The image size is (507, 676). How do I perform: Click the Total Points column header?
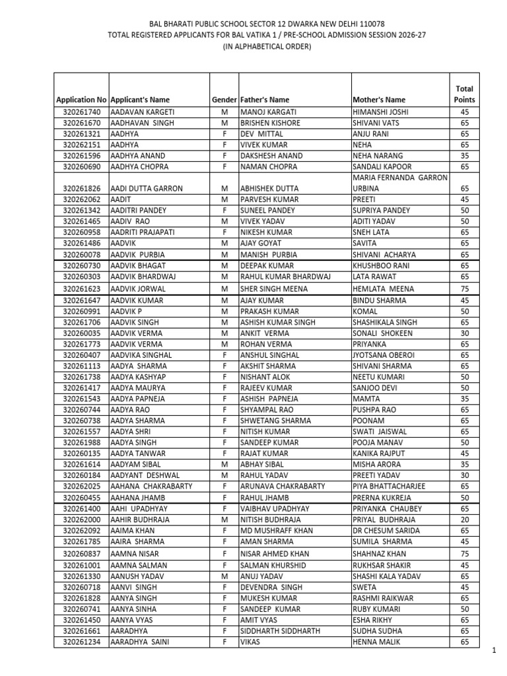[x=464, y=94]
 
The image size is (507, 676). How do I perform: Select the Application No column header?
[x=81, y=100]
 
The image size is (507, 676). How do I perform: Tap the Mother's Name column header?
[x=379, y=100]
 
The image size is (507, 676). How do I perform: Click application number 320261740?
[x=82, y=112]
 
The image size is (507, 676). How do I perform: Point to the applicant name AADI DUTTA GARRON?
[x=147, y=188]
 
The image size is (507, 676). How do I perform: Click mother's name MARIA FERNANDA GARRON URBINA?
[x=400, y=183]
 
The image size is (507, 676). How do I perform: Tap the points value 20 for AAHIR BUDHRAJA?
[x=465, y=520]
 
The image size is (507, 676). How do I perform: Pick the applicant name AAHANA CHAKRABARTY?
[x=152, y=487]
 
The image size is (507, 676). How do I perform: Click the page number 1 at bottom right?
[x=493, y=651]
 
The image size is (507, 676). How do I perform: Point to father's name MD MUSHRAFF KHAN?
[x=277, y=531]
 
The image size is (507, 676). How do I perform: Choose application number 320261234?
[x=82, y=642]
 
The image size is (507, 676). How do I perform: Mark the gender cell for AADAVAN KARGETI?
[x=224, y=112]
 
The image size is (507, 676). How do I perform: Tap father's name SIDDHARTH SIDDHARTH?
[x=281, y=630]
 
